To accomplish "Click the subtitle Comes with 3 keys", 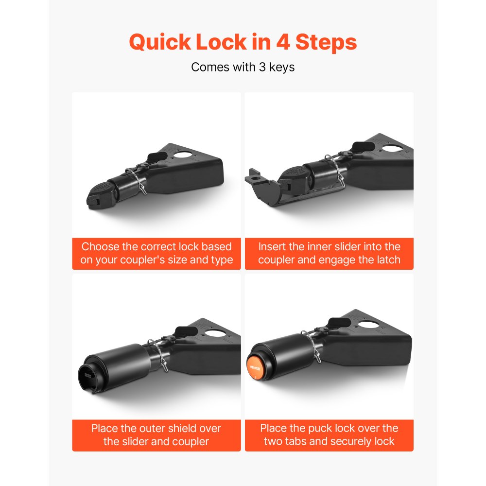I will point(243,67).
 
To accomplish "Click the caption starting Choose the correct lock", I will point(156,253).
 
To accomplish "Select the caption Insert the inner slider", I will point(329,253).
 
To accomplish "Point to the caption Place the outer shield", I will point(156,435).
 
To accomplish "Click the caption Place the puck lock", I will point(329,435).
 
